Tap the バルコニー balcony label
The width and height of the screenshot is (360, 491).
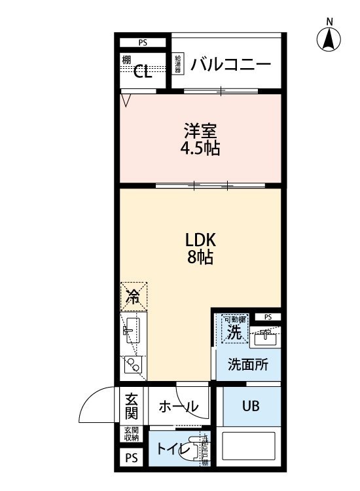[231, 65]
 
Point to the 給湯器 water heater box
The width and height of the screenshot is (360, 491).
[177, 65]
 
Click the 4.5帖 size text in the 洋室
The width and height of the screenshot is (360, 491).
[200, 149]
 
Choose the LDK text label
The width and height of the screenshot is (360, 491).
[200, 239]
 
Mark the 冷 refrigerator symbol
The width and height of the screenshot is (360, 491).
[134, 297]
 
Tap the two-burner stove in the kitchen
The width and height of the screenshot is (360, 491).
[134, 364]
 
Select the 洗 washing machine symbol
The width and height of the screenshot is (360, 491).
[234, 330]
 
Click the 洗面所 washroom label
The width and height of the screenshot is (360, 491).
[247, 365]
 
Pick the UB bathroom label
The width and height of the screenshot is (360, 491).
[251, 406]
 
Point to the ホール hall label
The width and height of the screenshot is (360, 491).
[178, 407]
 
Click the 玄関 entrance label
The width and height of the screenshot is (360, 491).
[132, 406]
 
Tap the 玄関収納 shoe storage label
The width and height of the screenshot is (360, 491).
[132, 433]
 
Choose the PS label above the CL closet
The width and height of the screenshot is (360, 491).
[143, 43]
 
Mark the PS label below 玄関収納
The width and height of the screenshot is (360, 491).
[132, 459]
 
